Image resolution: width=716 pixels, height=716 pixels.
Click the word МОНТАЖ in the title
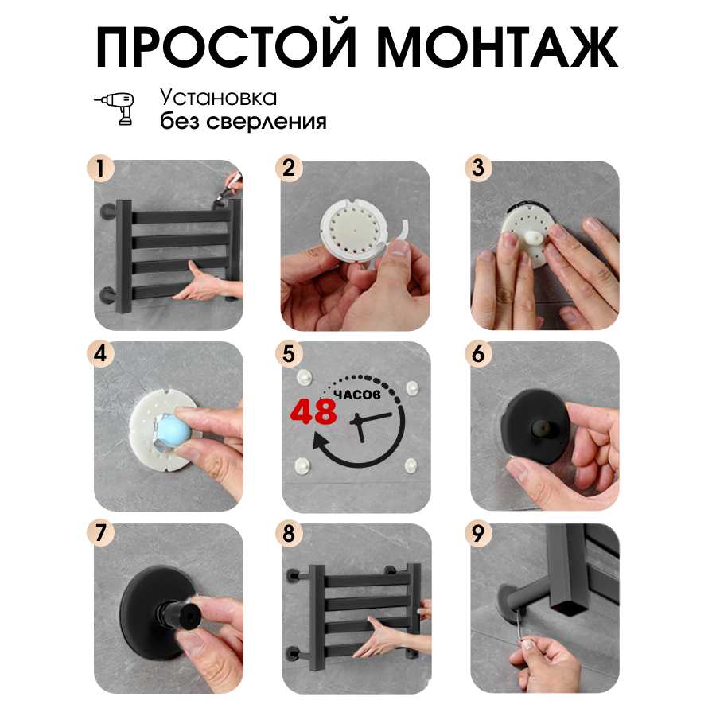pyautogui.click(x=496, y=46)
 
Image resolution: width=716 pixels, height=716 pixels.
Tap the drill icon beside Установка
pyautogui.click(x=115, y=108)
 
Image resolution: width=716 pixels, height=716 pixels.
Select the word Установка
pyautogui.click(x=218, y=98)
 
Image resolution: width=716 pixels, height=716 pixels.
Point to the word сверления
pyautogui.click(x=267, y=122)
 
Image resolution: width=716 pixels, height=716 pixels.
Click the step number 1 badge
pyautogui.click(x=100, y=168)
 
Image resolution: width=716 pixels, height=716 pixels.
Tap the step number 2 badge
pyautogui.click(x=289, y=168)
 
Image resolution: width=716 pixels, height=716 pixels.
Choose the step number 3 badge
pyautogui.click(x=477, y=168)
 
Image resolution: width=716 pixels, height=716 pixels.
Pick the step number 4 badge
pyautogui.click(x=100, y=353)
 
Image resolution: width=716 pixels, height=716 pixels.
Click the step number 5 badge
pyautogui.click(x=289, y=353)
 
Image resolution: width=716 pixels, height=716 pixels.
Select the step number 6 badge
pyautogui.click(x=477, y=353)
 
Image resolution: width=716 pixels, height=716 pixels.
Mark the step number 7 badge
pyautogui.click(x=100, y=533)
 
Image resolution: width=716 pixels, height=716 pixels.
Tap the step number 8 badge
pyautogui.click(x=289, y=533)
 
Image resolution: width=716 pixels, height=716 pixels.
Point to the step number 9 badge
pyautogui.click(x=477, y=533)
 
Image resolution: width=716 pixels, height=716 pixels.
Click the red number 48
pyautogui.click(x=313, y=411)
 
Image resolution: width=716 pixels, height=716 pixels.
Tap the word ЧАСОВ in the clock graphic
pyautogui.click(x=357, y=395)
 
